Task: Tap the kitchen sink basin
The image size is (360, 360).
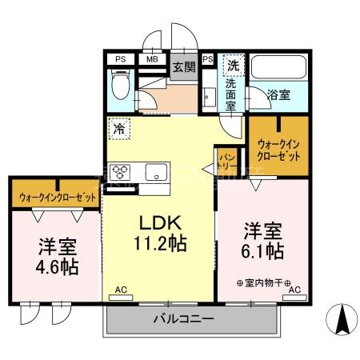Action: coord(154,170)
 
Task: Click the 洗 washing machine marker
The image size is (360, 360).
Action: coord(232,64)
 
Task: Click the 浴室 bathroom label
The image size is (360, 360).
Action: coord(278,94)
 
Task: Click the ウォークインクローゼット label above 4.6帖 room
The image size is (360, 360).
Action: coord(56,195)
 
